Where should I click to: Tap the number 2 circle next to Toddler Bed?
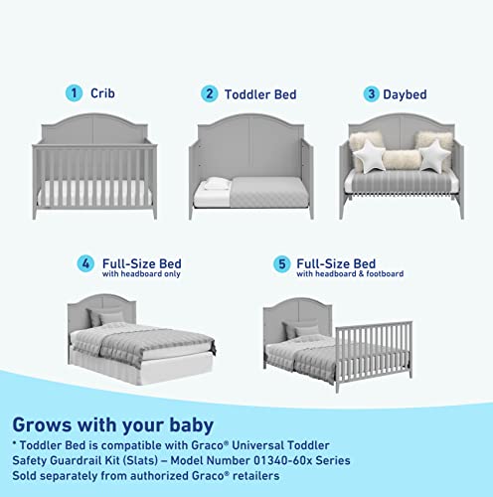[x=209, y=93]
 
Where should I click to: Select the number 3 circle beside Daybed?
[x=371, y=94]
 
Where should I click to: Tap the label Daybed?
[x=407, y=94]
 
